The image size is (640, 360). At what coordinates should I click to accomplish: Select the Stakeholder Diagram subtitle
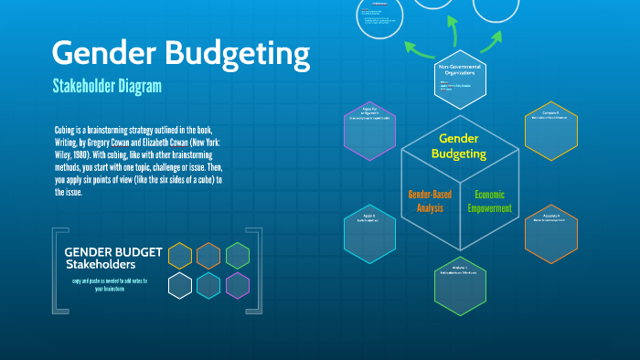coord(107,87)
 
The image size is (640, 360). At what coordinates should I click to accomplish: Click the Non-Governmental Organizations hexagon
coord(459,82)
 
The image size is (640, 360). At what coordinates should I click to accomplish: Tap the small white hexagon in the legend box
coord(180,285)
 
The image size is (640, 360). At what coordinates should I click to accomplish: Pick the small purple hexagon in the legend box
coord(238,285)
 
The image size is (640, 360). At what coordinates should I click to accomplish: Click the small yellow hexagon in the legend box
coord(180,256)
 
